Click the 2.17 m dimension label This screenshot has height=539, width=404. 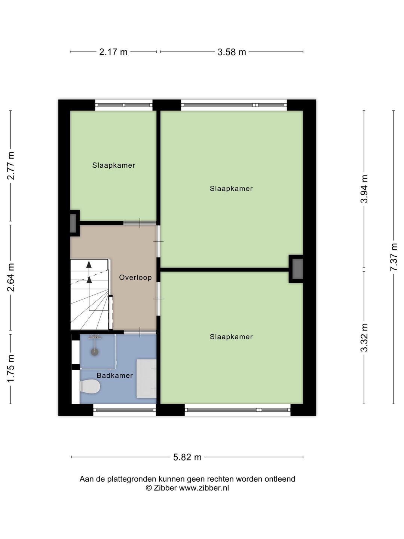point(113,52)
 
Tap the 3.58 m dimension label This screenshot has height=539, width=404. point(232,52)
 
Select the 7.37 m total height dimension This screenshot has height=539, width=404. point(394,257)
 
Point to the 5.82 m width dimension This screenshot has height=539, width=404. point(187,457)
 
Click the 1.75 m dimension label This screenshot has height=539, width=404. point(11,369)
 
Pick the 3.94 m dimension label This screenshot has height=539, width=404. point(364,189)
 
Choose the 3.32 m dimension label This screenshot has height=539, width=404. point(364,337)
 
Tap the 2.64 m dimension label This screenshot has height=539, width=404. point(11,277)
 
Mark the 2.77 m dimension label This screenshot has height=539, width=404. point(11,165)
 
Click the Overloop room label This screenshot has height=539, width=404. point(135,277)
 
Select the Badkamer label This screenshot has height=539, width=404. point(115,375)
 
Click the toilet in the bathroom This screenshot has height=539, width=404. point(90,386)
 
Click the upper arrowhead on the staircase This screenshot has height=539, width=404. point(89,265)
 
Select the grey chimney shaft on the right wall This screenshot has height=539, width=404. point(297,269)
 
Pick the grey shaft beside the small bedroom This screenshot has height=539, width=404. point(73,223)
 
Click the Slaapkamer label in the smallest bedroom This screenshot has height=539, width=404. point(114,165)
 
